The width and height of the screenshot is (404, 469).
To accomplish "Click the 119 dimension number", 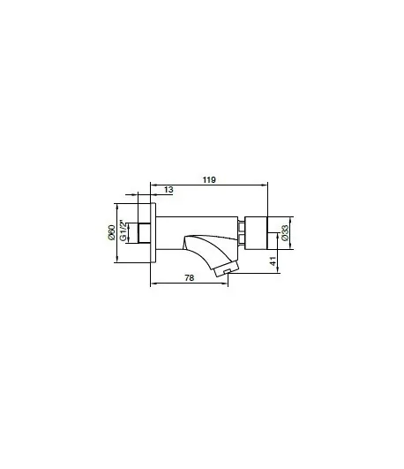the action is point(209,180).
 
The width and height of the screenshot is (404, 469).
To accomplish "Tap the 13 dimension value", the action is point(168,190).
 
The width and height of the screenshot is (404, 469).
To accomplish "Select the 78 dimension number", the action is point(189,278).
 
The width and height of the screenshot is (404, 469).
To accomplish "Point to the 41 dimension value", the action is point(273,261).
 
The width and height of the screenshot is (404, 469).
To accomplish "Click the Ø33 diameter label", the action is point(285,233).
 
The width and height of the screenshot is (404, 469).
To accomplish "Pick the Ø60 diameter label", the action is point(111,232).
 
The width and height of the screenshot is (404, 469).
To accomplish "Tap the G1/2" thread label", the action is point(123,231).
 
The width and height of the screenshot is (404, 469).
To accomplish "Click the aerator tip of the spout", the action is point(227,269).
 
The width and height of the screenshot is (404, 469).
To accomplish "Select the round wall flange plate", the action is point(153,233).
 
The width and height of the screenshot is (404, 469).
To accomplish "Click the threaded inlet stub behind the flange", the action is point(145,233).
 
